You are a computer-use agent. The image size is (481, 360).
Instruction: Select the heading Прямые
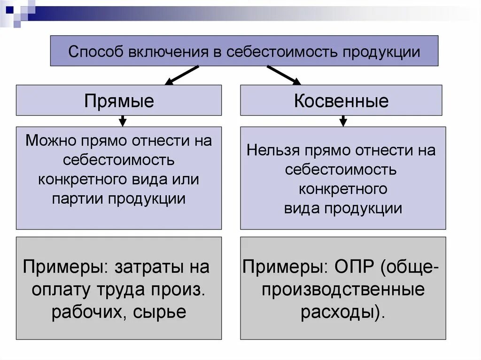[x=119, y=101]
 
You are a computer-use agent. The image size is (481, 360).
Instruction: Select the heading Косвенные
[x=341, y=101]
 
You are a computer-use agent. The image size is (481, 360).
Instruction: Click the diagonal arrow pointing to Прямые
[x=182, y=75]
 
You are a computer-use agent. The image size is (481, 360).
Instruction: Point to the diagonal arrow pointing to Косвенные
[x=284, y=75]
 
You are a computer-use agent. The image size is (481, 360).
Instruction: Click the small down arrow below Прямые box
[x=123, y=121]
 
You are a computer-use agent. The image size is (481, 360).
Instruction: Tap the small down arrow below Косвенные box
[x=343, y=121]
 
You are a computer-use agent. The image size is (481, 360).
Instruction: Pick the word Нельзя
[x=273, y=151]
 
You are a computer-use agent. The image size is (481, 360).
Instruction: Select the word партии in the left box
[x=77, y=198]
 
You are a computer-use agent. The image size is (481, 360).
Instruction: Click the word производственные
[x=343, y=290]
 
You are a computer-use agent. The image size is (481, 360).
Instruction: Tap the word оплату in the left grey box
[x=60, y=290]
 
